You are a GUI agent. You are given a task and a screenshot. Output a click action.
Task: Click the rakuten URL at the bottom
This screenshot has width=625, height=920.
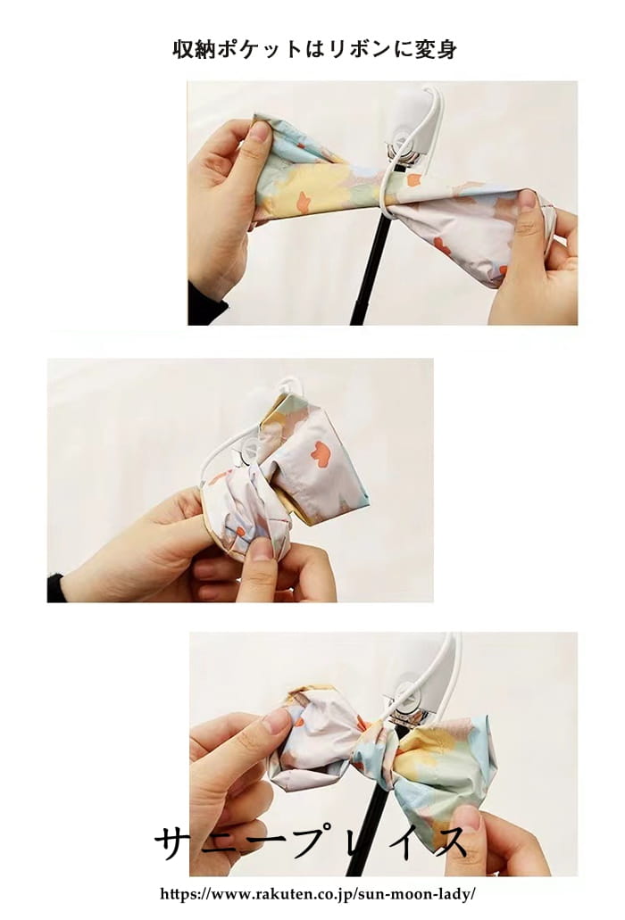[318, 894]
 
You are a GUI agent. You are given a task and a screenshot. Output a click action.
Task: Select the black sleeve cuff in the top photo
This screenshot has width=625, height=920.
[205, 305]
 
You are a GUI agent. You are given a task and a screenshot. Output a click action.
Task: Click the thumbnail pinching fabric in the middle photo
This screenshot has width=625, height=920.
[262, 549]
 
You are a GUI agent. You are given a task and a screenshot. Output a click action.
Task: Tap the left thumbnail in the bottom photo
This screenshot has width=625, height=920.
[277, 720]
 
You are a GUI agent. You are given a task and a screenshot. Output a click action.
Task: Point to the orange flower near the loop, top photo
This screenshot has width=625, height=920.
[414, 179]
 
